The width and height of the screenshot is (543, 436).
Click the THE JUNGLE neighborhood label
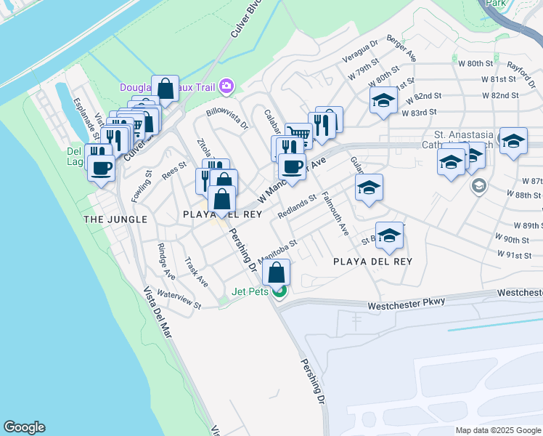pos(115,219)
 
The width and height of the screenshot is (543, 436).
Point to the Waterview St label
pos(179,300)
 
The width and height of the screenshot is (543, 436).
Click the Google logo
pos(24,427)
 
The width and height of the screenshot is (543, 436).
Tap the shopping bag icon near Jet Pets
pos(277,273)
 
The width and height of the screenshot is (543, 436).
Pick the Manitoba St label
pos(279,252)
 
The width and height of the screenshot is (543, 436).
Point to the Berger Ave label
pos(401,47)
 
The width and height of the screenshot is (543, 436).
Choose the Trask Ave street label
pos(196,271)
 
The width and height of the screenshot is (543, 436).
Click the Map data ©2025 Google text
pos(497,430)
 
